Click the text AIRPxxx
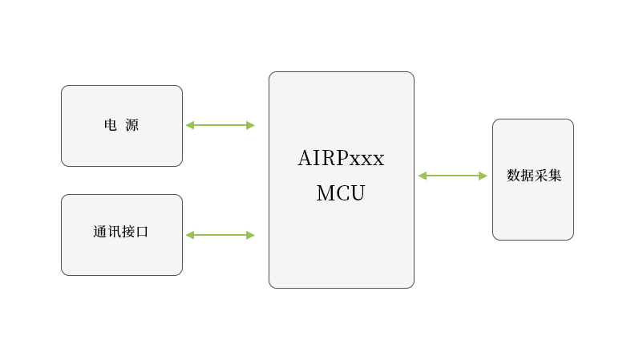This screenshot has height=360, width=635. [341, 158]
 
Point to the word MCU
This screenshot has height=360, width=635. [341, 193]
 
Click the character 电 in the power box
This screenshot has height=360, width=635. [111, 125]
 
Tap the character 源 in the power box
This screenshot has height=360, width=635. [132, 125]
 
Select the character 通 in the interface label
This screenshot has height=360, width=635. [100, 232]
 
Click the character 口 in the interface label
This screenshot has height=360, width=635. [143, 232]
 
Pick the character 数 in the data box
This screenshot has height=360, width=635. [513, 176]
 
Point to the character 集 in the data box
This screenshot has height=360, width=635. [555, 176]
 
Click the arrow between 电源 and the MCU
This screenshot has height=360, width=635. [220, 125]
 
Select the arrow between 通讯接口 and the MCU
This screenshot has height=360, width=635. [220, 235]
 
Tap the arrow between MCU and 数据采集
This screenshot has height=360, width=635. [453, 176]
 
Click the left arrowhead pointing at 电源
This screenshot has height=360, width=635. [190, 125]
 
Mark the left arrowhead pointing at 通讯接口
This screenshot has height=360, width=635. [190, 235]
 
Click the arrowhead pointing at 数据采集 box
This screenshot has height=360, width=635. [483, 176]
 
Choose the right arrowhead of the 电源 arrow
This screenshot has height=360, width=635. [250, 125]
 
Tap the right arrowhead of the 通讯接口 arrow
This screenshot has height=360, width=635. [250, 235]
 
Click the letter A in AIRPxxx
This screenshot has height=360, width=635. [305, 158]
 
